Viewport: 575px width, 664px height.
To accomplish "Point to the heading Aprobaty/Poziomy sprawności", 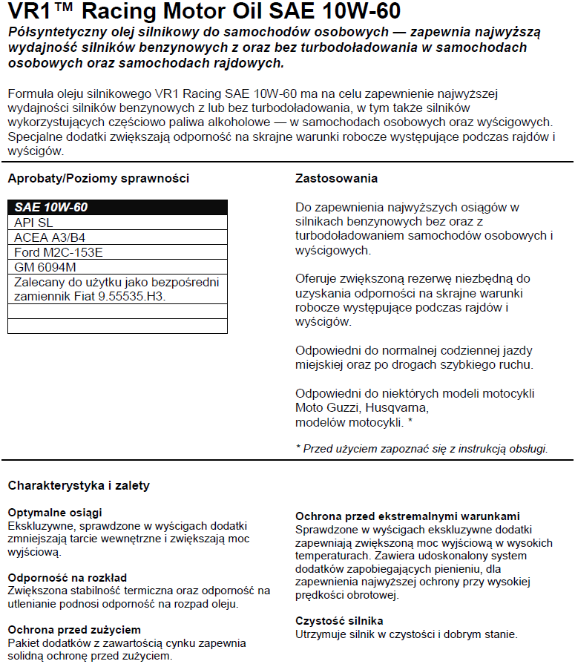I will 98,178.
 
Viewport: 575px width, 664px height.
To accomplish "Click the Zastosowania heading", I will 336,178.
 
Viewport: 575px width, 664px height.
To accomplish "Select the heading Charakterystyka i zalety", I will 79,485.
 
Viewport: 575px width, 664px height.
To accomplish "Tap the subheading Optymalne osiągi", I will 55,513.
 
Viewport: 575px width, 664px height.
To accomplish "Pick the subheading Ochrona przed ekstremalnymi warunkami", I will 407,516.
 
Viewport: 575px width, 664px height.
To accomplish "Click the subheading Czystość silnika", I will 339,620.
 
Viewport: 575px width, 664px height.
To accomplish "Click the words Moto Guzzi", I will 323,408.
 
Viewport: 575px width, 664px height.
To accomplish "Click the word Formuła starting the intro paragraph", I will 29,93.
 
